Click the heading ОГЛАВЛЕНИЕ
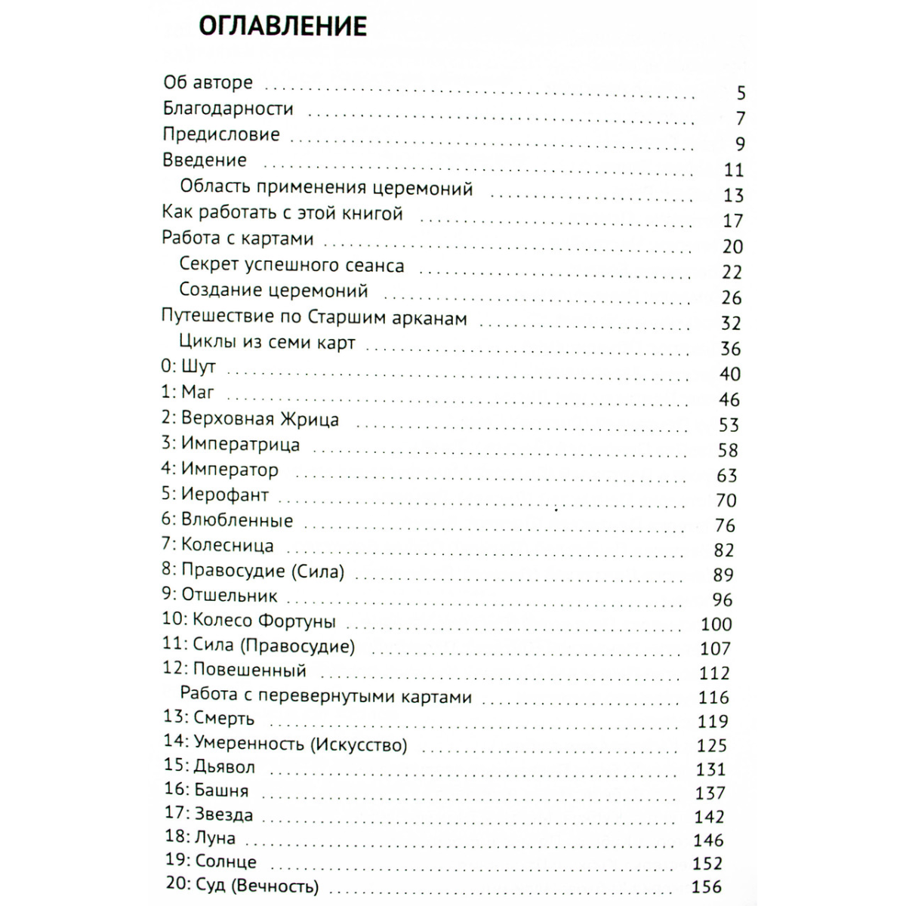pyautogui.click(x=282, y=26)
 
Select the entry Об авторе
pyautogui.click(x=208, y=82)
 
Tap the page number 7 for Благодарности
pyautogui.click(x=741, y=119)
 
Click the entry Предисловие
pyautogui.click(x=221, y=134)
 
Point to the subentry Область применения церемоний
pyautogui.click(x=326, y=187)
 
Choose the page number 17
pyautogui.click(x=733, y=221)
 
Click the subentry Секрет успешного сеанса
pyautogui.click(x=291, y=265)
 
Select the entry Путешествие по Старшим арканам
pyautogui.click(x=314, y=318)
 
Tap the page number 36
pyautogui.click(x=731, y=349)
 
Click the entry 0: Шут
pyautogui.click(x=189, y=367)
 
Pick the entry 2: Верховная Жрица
pyautogui.click(x=250, y=418)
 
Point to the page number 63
pyautogui.click(x=726, y=476)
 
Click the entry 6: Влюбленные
pyautogui.click(x=226, y=520)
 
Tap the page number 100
pyautogui.click(x=716, y=624)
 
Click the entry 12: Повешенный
pyautogui.click(x=234, y=670)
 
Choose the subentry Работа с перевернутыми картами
pyautogui.click(x=325, y=695)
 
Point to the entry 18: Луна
pyautogui.click(x=199, y=838)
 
